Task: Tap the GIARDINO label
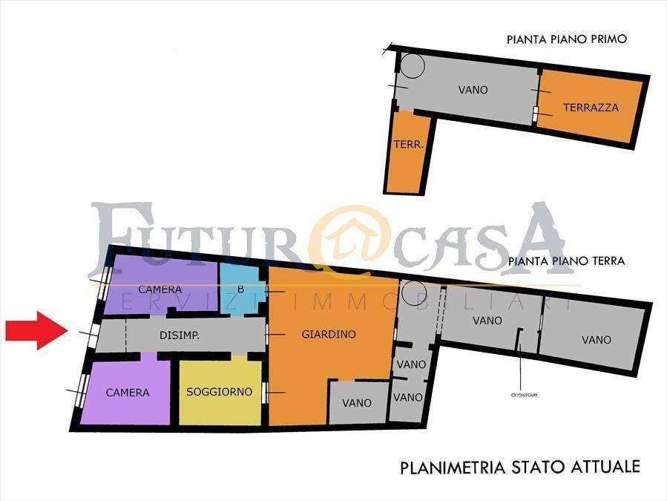tap(329, 334)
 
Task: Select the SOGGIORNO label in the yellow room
tap(219, 391)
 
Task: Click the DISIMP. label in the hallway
tap(179, 335)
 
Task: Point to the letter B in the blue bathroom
tap(240, 289)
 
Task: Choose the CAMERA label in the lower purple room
tap(128, 393)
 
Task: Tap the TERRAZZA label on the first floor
tap(591, 108)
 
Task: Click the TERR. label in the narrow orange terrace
tap(409, 145)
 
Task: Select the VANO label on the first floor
tap(473, 90)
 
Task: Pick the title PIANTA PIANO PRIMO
tap(567, 39)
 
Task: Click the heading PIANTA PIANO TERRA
tap(567, 261)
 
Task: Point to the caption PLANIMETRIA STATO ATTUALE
tap(519, 468)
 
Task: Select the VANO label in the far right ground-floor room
tap(597, 339)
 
